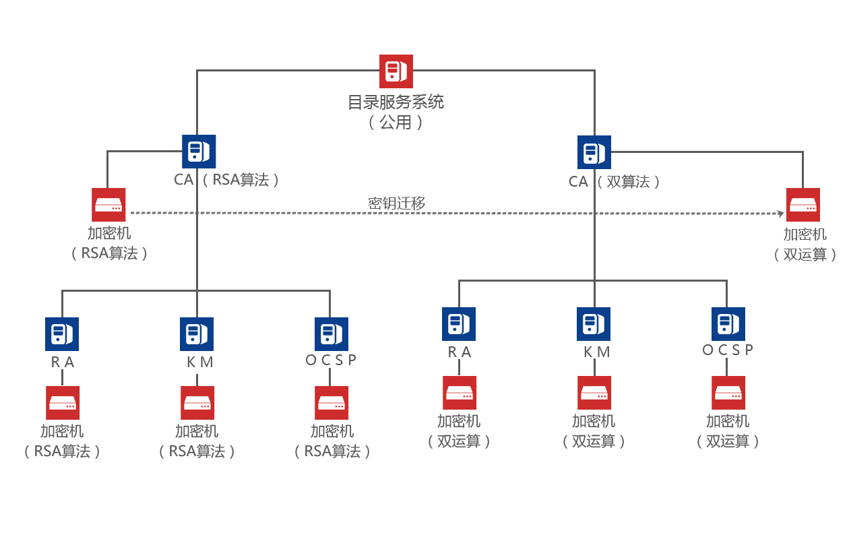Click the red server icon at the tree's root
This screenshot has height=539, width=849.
pos(396,71)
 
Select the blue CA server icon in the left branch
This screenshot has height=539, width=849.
pos(199,151)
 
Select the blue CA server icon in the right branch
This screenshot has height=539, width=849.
pos(594,152)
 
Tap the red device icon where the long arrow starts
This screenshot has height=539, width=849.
pos(108,204)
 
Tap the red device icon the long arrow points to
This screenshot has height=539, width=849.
pos(803,204)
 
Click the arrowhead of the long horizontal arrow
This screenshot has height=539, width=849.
pos(780,214)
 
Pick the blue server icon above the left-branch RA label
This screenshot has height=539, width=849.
pos(61,334)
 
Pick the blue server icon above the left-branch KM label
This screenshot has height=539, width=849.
pos(196,334)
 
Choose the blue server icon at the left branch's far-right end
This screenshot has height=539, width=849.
pos(331,334)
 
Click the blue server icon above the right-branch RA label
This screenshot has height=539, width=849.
pos(458,323)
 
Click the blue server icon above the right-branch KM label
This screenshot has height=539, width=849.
pos(593,323)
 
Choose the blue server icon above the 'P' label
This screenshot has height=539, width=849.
pos(728,323)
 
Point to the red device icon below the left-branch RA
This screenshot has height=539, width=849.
pos(63,402)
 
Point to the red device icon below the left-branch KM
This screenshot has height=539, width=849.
pos(197,402)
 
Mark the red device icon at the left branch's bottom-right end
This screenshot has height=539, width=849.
pos(332,402)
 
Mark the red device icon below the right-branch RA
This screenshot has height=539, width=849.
pos(460,392)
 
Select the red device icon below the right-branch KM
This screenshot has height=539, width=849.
pos(594,392)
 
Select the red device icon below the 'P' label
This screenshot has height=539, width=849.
pos(728,392)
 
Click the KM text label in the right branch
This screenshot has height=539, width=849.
pos(596,352)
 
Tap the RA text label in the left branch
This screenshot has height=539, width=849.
pos(63,362)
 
